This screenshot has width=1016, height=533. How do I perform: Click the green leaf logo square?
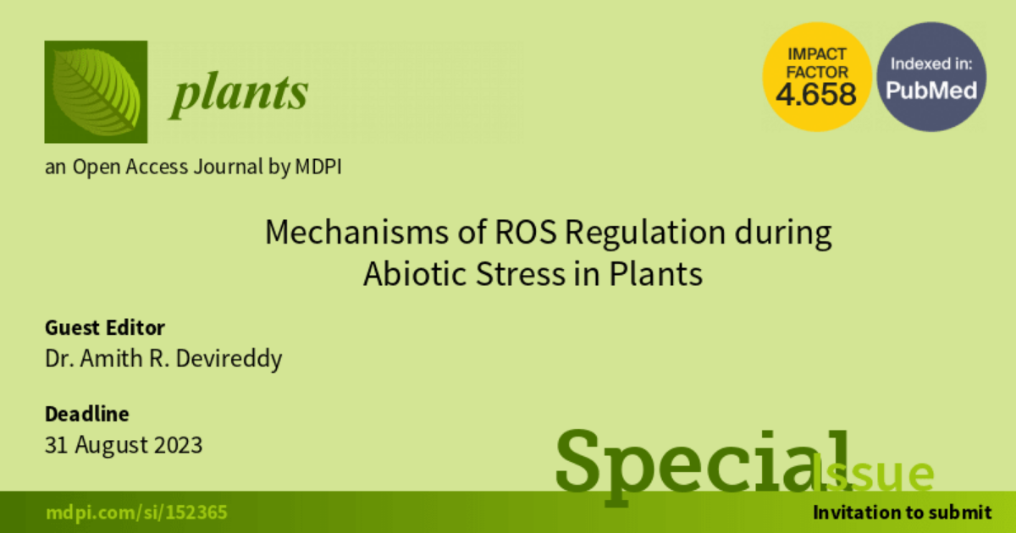[x=96, y=92]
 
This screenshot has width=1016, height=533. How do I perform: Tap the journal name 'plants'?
[x=239, y=95]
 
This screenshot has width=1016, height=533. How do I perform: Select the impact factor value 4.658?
[x=816, y=94]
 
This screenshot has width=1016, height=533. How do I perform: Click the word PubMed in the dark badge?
[x=931, y=91]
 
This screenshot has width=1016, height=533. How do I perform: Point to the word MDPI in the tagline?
[x=318, y=167]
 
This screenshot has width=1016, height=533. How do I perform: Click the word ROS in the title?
[x=525, y=232]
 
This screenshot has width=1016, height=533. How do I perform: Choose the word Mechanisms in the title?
[x=357, y=232]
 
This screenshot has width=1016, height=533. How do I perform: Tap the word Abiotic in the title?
[x=415, y=274]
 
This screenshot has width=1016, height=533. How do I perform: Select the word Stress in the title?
[x=521, y=274]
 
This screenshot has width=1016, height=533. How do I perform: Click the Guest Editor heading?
[x=105, y=327]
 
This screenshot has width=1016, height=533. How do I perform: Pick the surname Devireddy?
[x=229, y=359]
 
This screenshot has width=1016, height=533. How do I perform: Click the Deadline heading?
[x=87, y=414]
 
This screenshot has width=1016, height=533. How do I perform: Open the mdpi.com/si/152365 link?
[x=136, y=513]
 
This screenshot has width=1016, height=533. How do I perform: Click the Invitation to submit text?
[x=903, y=513]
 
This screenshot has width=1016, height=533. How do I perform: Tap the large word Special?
[x=702, y=466]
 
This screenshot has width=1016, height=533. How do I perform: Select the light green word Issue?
[x=873, y=474]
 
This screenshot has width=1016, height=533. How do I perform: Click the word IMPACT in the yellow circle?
[x=817, y=54]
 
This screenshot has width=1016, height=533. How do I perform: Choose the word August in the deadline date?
[x=112, y=446]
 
